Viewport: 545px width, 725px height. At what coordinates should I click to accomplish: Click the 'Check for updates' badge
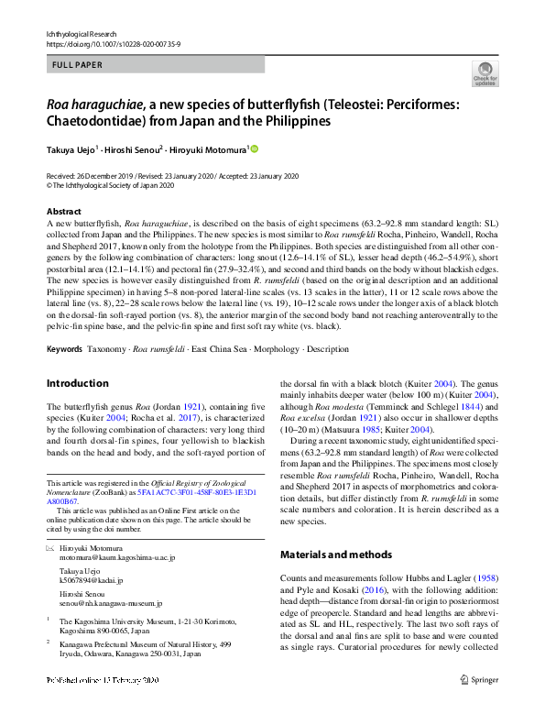coord(485,73)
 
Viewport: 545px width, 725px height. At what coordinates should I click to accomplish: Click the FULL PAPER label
coord(78,65)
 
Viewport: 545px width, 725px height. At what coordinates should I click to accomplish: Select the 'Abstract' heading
coord(62,211)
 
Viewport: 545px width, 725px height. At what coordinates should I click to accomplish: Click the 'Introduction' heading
coord(77,383)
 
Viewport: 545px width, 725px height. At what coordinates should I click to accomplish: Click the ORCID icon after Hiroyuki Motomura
coord(255,148)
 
